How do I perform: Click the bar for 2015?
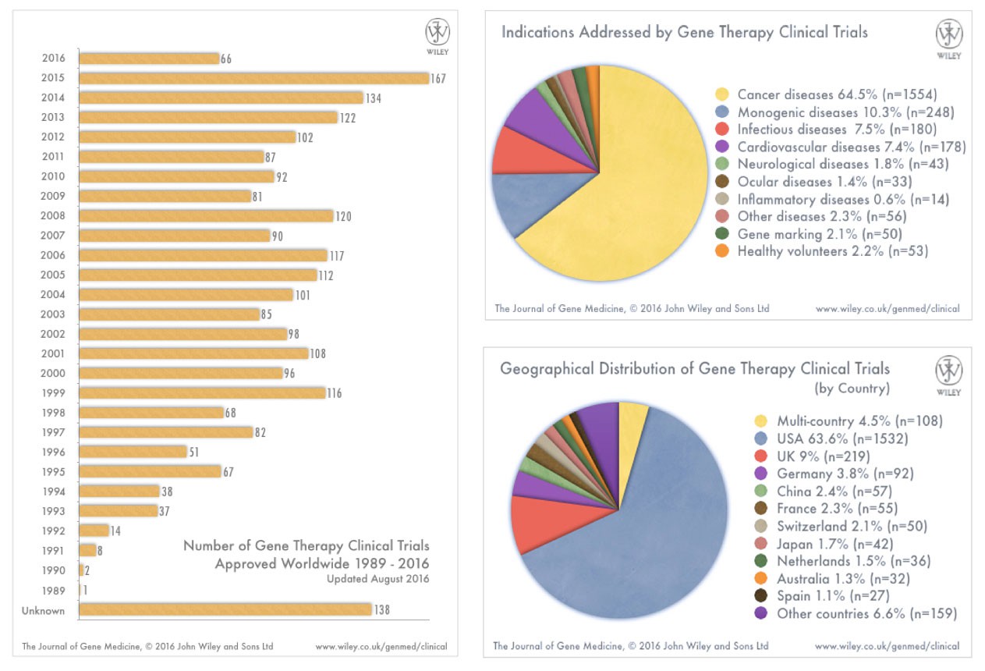tap(253, 78)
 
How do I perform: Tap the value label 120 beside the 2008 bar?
tap(343, 216)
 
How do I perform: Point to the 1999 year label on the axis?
tap(54, 393)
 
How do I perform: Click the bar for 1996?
tap(133, 452)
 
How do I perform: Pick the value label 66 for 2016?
tap(227, 59)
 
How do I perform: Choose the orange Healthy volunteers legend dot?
tap(722, 251)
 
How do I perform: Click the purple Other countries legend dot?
tap(762, 613)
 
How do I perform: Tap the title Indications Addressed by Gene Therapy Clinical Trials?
tap(684, 32)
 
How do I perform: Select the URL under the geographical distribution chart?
tap(888, 646)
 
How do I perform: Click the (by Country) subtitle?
tap(852, 388)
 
